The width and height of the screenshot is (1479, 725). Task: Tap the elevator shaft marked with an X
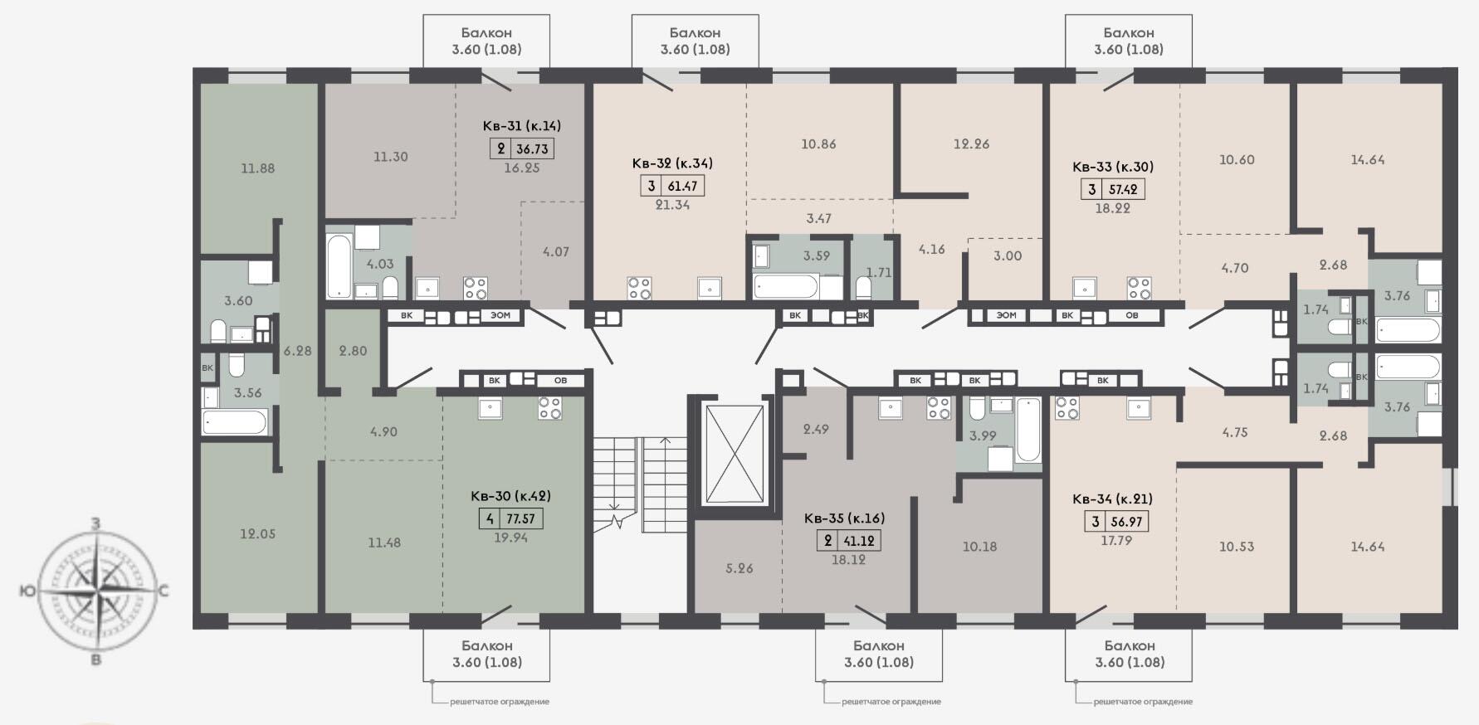pyautogui.click(x=733, y=453)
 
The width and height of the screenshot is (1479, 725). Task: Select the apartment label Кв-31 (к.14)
pyautogui.click(x=522, y=126)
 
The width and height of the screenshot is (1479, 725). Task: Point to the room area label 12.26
pyautogui.click(x=971, y=144)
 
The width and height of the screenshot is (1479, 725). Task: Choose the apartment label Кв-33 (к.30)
pyautogui.click(x=1113, y=167)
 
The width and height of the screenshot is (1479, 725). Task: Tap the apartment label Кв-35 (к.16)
pyautogui.click(x=844, y=518)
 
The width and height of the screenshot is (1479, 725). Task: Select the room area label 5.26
pyautogui.click(x=739, y=569)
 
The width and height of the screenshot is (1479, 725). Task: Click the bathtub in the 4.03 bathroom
pyautogui.click(x=339, y=267)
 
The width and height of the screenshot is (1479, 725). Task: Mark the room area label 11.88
pyautogui.click(x=257, y=168)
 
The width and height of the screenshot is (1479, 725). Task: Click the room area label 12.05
pyautogui.click(x=257, y=534)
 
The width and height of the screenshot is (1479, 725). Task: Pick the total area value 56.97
pyautogui.click(x=1126, y=522)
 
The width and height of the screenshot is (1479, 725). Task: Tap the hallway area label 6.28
pyautogui.click(x=297, y=351)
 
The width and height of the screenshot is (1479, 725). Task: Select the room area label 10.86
pyautogui.click(x=818, y=144)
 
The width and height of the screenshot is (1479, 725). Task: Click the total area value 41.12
pyautogui.click(x=859, y=541)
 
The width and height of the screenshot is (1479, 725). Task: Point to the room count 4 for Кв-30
pyautogui.click(x=491, y=520)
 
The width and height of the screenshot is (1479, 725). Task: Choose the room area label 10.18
pyautogui.click(x=979, y=547)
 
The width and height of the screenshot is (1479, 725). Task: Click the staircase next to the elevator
pyautogui.click(x=641, y=485)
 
